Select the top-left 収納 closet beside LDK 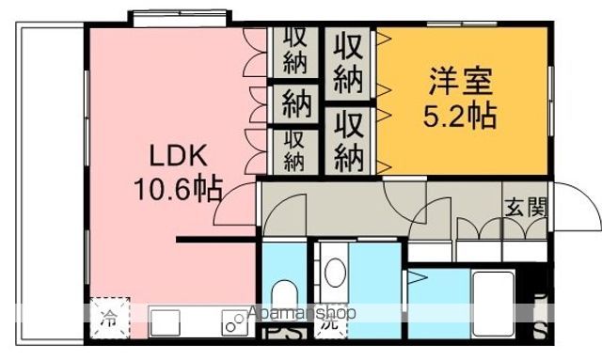click(x=295, y=51)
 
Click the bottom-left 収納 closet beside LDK click(x=295, y=149)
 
